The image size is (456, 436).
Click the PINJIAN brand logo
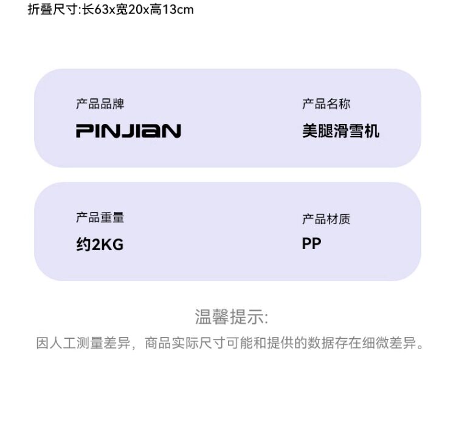128,131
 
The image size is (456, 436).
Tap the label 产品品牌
100,104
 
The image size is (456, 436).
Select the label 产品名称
326,104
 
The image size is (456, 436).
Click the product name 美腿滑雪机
341,131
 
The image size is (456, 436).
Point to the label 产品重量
100,218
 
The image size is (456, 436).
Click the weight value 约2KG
100,245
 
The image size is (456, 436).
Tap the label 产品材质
326,219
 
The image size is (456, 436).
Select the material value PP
311,244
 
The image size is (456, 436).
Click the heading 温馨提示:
231,317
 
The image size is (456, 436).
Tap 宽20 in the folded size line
130,10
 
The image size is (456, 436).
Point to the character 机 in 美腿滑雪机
372,131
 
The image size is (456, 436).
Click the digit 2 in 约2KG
96,245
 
